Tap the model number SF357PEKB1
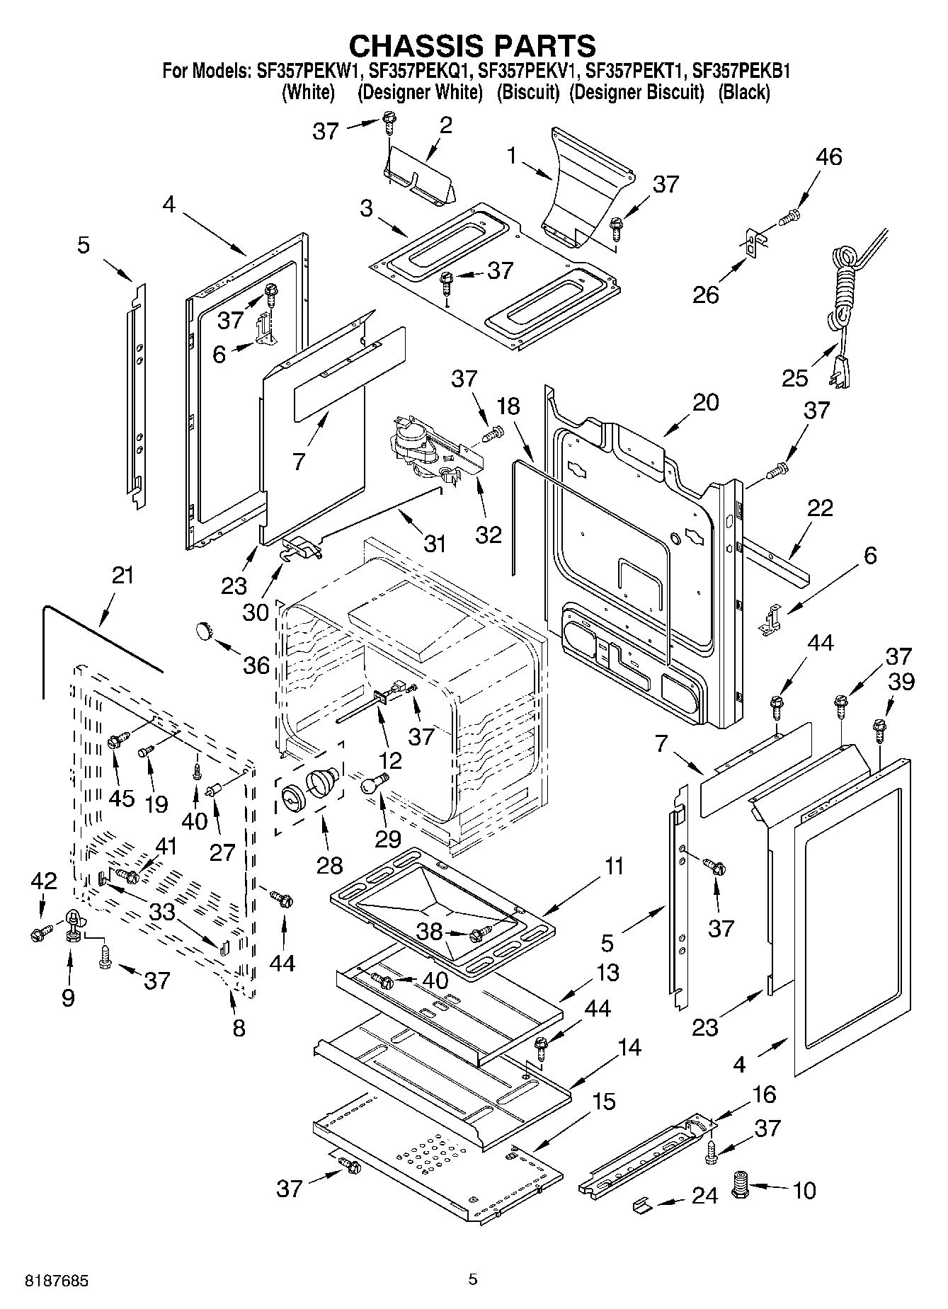[741, 72]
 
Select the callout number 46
[829, 156]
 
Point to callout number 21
[122, 575]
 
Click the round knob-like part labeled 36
[205, 628]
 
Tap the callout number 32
[489, 534]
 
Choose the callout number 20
[705, 402]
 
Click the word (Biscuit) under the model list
[527, 92]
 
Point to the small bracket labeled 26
[752, 244]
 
